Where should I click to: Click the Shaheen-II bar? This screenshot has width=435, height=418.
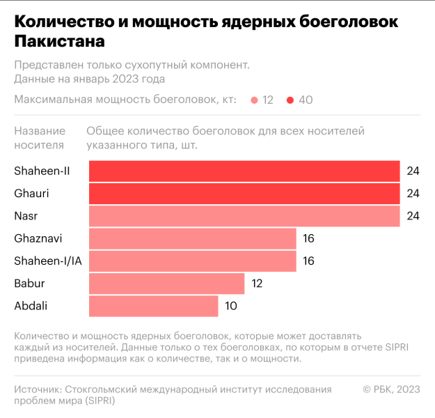244,171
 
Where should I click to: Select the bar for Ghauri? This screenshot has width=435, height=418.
244,194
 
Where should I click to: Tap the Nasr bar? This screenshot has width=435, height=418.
244,216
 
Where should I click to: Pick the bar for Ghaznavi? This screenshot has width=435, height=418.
193,238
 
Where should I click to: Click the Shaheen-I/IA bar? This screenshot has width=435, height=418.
193,261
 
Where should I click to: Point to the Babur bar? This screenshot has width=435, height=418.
167,283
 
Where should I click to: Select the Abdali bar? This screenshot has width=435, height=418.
154,305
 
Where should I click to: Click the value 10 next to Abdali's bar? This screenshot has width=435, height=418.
231,305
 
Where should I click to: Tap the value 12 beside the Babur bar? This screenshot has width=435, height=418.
258,283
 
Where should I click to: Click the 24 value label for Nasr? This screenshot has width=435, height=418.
413,216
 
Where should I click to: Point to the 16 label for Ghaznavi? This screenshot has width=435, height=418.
309,238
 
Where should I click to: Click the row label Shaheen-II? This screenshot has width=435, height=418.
42,171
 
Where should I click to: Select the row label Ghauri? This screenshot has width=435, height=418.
32,194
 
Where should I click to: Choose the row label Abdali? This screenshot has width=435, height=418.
31,305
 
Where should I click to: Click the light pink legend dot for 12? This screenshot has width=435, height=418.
255,100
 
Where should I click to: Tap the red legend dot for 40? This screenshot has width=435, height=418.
290,100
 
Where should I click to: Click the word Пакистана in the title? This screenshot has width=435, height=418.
60,42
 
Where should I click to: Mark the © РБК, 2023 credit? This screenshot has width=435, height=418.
392,389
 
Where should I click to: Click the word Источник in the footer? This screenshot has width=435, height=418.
38,389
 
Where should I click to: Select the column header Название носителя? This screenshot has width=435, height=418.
40,138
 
